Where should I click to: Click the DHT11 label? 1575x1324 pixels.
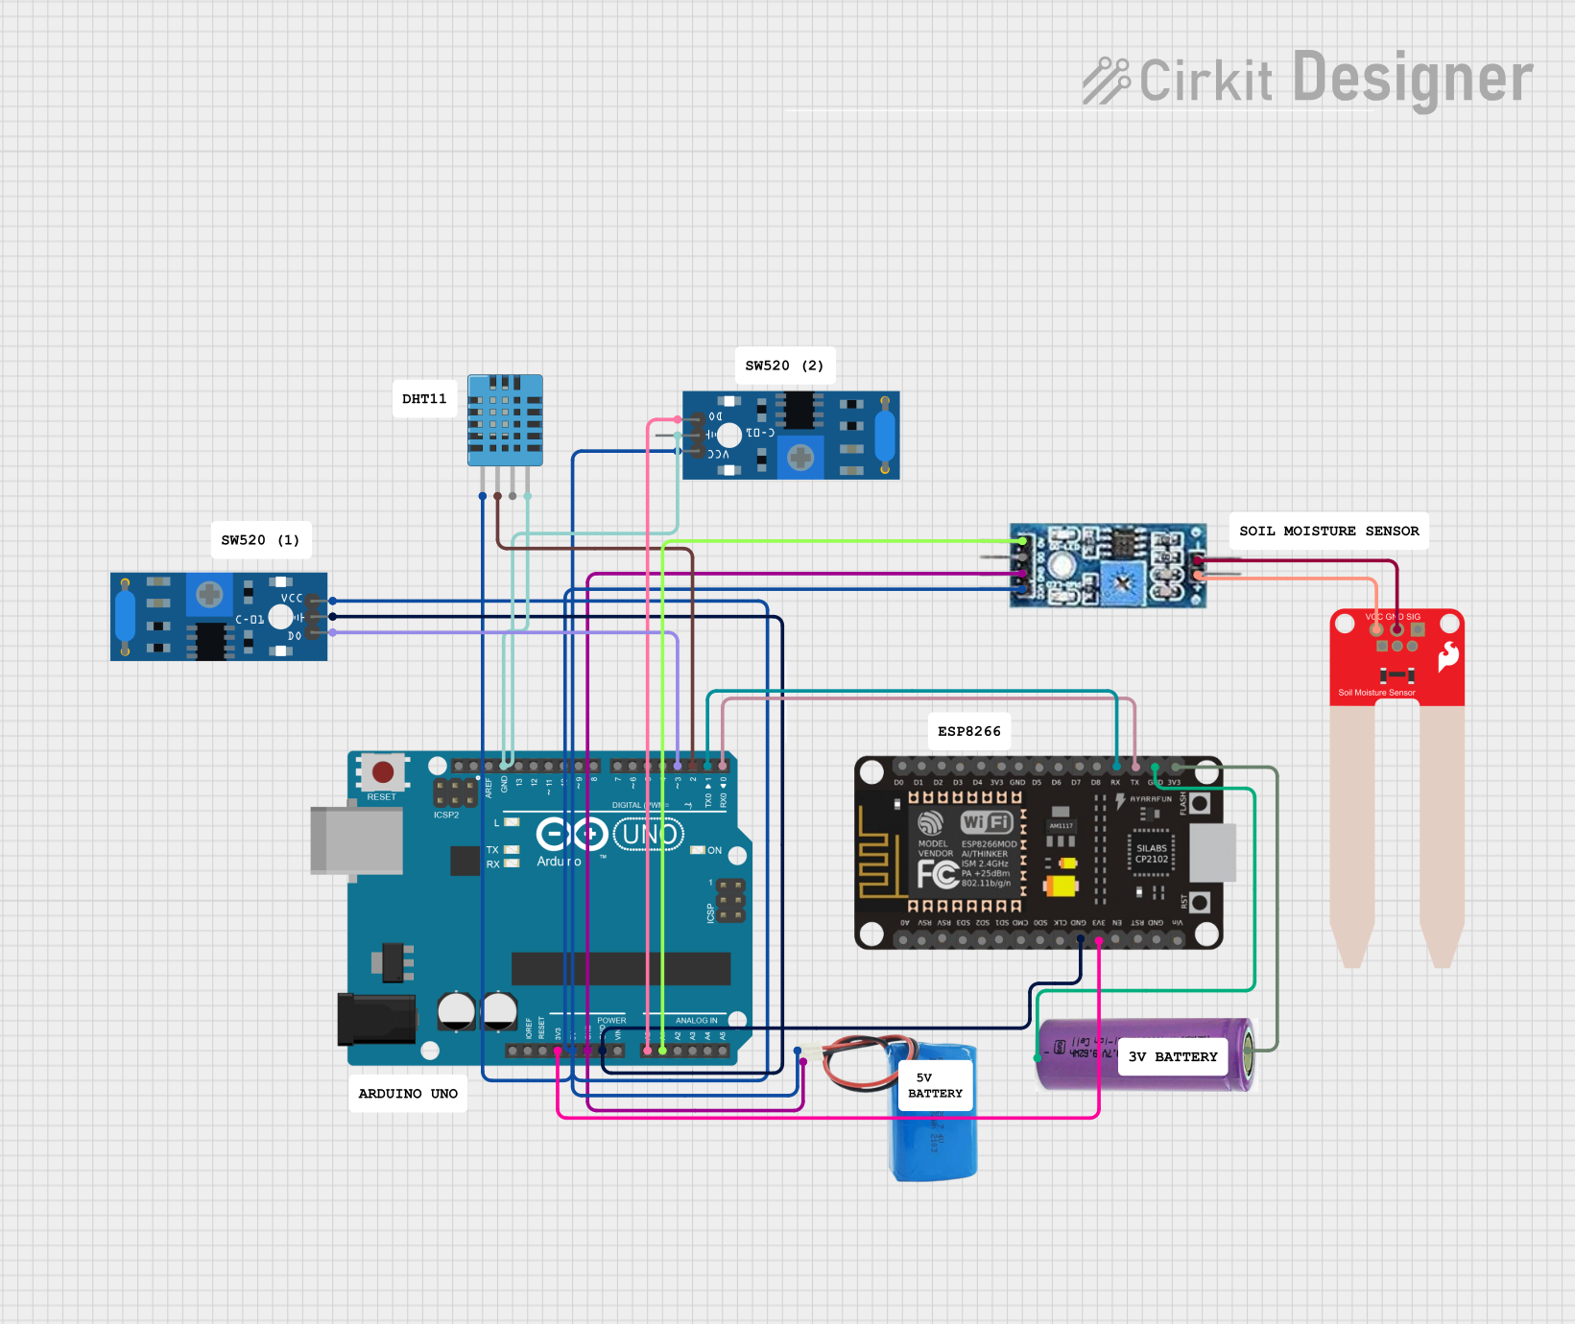tap(424, 399)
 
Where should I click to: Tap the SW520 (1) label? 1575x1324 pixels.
tap(260, 540)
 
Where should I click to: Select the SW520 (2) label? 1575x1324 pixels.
tap(784, 366)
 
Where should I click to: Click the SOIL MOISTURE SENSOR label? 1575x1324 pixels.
tap(1328, 531)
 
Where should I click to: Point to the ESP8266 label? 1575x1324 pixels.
tap(968, 731)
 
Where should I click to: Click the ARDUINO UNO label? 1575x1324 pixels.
tap(408, 1094)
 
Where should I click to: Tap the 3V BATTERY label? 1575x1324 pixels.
tap(1172, 1056)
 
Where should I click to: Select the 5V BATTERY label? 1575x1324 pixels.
tap(934, 1085)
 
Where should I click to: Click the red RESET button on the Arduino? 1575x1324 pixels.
tap(382, 772)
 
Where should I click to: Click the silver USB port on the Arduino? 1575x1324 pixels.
tap(356, 840)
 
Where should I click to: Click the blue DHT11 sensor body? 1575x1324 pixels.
tap(505, 419)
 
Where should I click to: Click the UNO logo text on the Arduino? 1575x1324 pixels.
tap(649, 835)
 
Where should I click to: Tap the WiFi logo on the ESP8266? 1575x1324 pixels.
tap(987, 822)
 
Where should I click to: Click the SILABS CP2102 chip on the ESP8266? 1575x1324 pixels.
tap(1152, 854)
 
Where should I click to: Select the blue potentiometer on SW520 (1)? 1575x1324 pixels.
tap(209, 595)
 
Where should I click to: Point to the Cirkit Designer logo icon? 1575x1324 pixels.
tap(1107, 81)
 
